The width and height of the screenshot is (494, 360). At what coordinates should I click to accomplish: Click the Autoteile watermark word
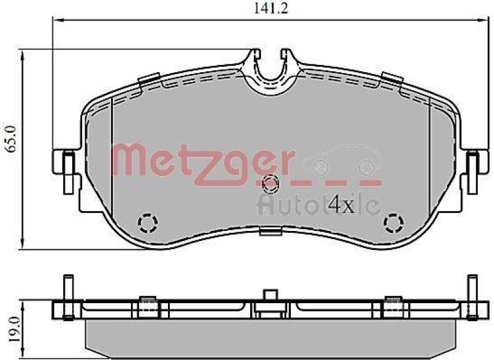pos(318,204)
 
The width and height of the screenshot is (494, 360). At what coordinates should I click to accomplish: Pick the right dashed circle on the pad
pos(393,222)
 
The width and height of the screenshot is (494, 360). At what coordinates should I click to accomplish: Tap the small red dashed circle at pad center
pos(270,183)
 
